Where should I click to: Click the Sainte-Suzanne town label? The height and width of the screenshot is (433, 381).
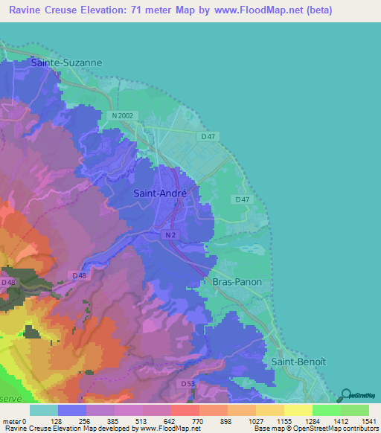click(x=66, y=63)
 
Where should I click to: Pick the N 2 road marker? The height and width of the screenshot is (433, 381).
click(x=170, y=234)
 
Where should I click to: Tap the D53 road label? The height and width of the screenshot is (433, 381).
click(x=188, y=383)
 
